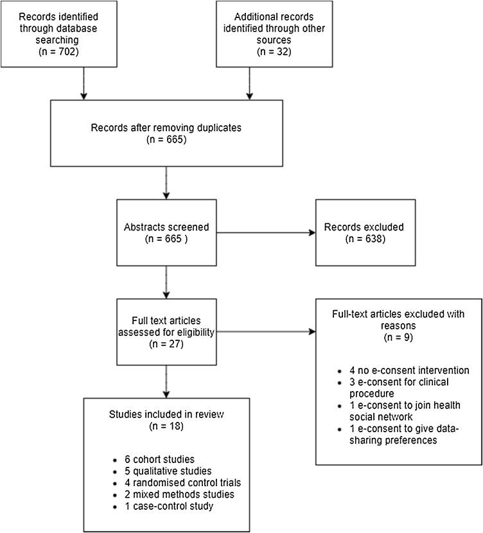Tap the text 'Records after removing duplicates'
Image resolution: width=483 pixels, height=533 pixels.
(x=166, y=128)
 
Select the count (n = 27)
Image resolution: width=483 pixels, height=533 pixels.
(x=166, y=343)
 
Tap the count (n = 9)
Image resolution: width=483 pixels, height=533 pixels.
(x=398, y=336)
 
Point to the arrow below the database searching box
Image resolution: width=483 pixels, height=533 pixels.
(x=83, y=83)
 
